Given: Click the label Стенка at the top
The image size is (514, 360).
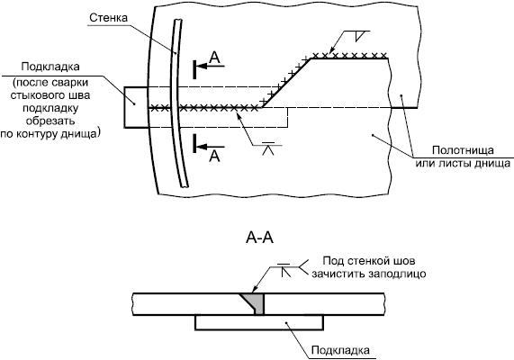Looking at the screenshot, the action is (x=108, y=17).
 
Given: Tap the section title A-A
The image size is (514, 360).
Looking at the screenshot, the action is (x=259, y=238).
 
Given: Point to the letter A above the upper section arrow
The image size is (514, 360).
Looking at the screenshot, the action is (x=214, y=58).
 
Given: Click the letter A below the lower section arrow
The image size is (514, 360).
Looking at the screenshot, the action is (x=214, y=157).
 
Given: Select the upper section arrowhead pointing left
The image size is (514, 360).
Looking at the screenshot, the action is (x=203, y=66).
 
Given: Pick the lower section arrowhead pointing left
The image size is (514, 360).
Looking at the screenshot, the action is (x=203, y=146).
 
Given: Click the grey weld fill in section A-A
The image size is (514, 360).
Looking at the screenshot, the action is (x=257, y=302).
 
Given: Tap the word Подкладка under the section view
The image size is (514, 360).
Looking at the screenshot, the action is (x=340, y=350).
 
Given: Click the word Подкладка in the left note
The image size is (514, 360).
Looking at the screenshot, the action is (x=50, y=67).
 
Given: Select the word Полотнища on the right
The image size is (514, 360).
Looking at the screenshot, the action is (x=463, y=150).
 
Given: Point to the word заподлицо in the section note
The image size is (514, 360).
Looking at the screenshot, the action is (x=397, y=274).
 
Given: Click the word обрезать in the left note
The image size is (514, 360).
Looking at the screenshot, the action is (x=50, y=121).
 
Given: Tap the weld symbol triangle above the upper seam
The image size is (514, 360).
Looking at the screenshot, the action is (x=361, y=36).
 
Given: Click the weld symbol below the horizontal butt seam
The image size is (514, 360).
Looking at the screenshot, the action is (x=268, y=148).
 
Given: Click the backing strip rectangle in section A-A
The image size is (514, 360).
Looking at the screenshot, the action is (x=259, y=322).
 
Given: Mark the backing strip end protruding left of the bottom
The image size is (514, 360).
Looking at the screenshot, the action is (x=136, y=107).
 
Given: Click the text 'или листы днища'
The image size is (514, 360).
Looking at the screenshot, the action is (x=463, y=163).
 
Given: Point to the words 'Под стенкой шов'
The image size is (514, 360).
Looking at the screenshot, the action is (x=369, y=261).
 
